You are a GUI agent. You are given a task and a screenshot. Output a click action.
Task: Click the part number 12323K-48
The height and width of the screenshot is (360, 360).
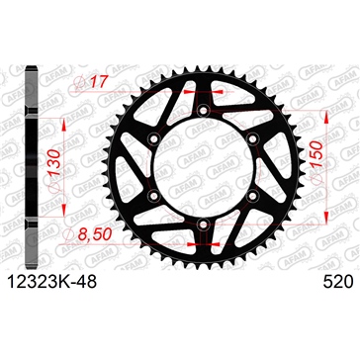61,283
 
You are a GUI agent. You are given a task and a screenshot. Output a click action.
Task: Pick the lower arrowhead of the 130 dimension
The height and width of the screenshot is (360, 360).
67,217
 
